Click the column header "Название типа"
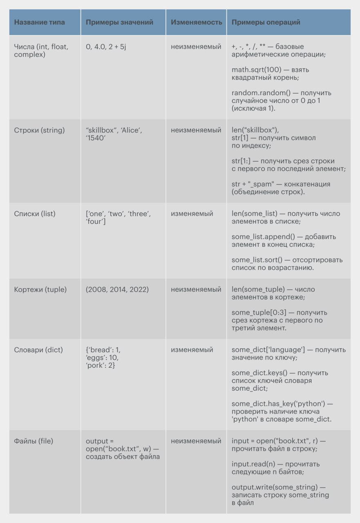pyautogui.click(x=40, y=22)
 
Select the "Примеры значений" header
pyautogui.click(x=119, y=22)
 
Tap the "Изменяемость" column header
pyautogui.click(x=196, y=22)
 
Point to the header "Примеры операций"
pyautogui.click(x=266, y=22)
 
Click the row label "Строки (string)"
pyautogui.click(x=40, y=130)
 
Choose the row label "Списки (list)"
pyautogui.click(x=35, y=214)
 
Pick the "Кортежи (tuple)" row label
pyautogui.click(x=40, y=289)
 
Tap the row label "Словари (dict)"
pyautogui.click(x=38, y=350)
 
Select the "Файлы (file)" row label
pyautogui.click(x=34, y=441)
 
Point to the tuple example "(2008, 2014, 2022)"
pyautogui.click(x=117, y=289)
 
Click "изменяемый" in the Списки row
pyautogui.click(x=192, y=214)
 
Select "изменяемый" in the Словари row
pyautogui.click(x=192, y=350)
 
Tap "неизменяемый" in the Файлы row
pyautogui.click(x=196, y=441)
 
